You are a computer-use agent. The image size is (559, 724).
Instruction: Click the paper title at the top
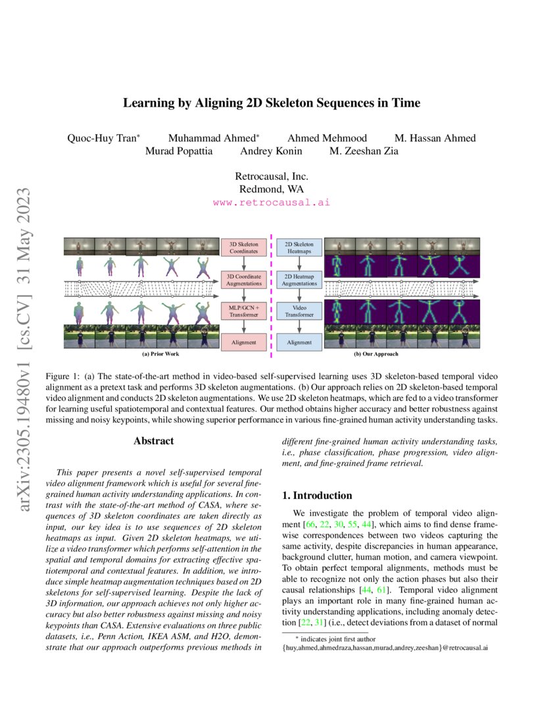pyautogui.click(x=272, y=103)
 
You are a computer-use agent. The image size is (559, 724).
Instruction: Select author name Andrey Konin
pyautogui.click(x=272, y=151)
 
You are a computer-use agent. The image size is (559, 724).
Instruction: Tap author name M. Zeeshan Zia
pyautogui.click(x=364, y=151)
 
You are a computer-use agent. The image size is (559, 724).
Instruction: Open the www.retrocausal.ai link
pyautogui.click(x=272, y=203)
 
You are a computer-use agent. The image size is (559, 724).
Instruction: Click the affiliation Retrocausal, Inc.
pyautogui.click(x=272, y=176)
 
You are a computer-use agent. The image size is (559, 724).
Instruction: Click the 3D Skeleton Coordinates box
pyautogui.click(x=244, y=247)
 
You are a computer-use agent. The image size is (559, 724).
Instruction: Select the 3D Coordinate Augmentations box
pyautogui.click(x=244, y=279)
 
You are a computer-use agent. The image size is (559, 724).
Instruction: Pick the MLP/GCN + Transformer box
pyautogui.click(x=244, y=311)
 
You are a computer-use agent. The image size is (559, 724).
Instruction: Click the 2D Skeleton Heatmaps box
pyautogui.click(x=300, y=247)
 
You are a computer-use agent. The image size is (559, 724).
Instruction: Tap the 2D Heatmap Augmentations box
pyautogui.click(x=300, y=279)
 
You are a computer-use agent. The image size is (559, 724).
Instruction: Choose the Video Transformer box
pyautogui.click(x=300, y=311)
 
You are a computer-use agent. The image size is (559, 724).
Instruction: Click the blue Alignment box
pyautogui.click(x=300, y=342)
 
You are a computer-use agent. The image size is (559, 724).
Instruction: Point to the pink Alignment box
pyautogui.click(x=244, y=342)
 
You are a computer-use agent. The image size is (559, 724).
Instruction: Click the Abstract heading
pyautogui.click(x=153, y=441)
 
